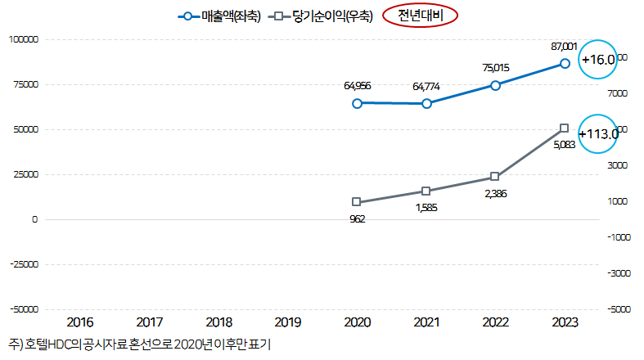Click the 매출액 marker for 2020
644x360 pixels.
pyautogui.click(x=357, y=103)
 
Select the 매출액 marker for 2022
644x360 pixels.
pyautogui.click(x=495, y=85)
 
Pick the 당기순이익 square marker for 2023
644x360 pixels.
pyautogui.click(x=565, y=128)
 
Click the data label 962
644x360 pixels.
pyautogui.click(x=357, y=218)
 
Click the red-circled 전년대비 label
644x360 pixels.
pyautogui.click(x=420, y=16)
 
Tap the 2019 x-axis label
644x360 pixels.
pyautogui.click(x=287, y=322)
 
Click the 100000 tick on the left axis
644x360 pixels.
pyautogui.click(x=25, y=39)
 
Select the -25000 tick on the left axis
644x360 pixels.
pyautogui.click(x=25, y=264)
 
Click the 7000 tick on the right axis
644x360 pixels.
pyautogui.click(x=617, y=93)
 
